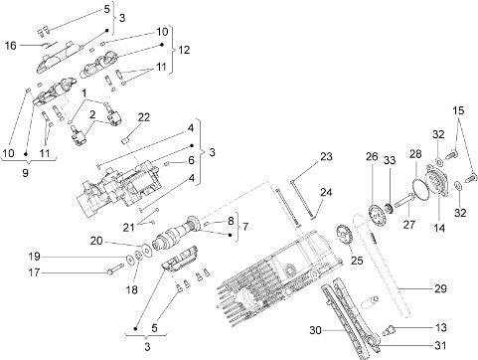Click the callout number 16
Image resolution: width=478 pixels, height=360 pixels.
(x=10, y=45)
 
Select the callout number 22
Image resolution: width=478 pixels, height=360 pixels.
(x=144, y=117)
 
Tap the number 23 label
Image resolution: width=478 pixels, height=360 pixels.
(x=326, y=156)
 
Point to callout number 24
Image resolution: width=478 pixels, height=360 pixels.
(x=326, y=192)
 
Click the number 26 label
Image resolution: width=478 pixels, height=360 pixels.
(x=372, y=156)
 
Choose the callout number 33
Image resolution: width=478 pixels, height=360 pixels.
(x=390, y=160)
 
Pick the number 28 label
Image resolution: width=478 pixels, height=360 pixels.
(x=415, y=154)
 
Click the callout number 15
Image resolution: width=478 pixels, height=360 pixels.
(x=458, y=110)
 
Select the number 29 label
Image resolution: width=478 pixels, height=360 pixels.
(x=440, y=288)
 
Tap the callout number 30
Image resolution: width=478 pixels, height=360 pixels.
(x=315, y=330)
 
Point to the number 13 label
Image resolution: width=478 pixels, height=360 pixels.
(x=440, y=327)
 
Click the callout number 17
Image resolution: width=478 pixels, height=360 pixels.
(x=34, y=272)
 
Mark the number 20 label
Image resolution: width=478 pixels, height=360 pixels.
(x=96, y=241)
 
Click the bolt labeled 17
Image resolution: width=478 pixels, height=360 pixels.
(x=115, y=269)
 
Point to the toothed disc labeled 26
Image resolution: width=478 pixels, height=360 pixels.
(x=376, y=216)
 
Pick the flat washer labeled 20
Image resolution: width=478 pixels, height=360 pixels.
(x=145, y=250)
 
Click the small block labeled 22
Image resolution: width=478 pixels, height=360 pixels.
(x=125, y=140)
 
